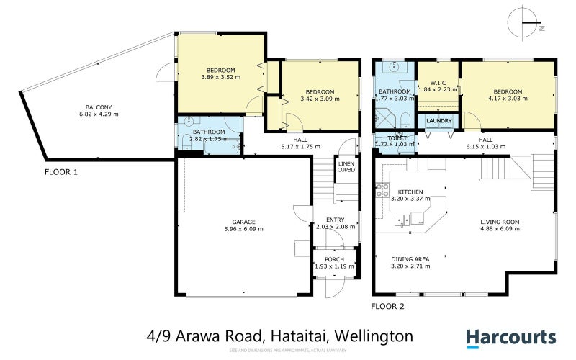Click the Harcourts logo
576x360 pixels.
coord(510,337)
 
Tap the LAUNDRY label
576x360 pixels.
coord(438,120)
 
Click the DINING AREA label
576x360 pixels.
coord(410,258)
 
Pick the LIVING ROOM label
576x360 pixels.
coord(500,222)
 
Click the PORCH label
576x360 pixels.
coord(335,259)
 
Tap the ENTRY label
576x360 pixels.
coord(336,220)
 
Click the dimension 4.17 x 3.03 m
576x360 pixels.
coord(508,99)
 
